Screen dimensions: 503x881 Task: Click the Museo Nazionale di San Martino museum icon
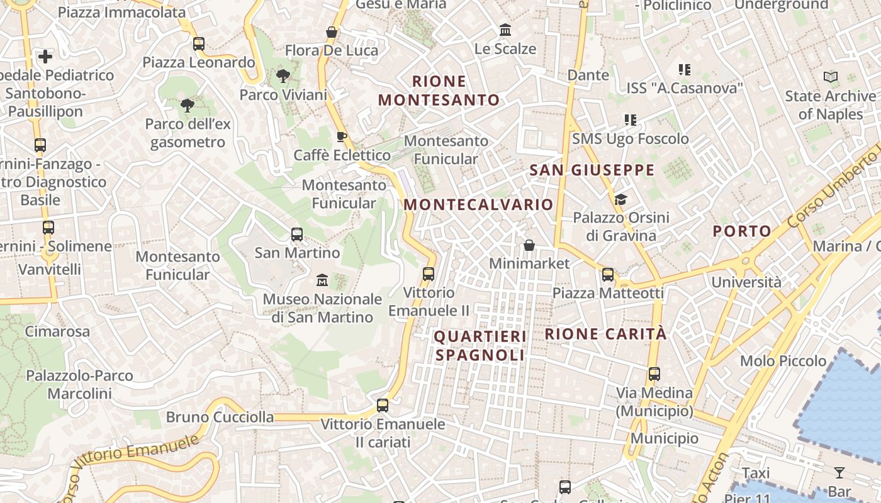tap(322, 279)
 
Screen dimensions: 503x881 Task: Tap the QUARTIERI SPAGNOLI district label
tap(480, 346)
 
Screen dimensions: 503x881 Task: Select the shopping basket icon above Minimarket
tap(529, 245)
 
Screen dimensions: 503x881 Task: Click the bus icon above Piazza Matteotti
tap(607, 274)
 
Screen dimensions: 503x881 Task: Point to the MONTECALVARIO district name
tap(478, 204)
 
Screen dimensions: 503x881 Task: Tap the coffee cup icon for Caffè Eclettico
tap(341, 136)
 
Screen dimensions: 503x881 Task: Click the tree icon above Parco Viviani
tap(283, 76)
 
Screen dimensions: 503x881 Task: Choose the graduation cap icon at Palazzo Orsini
tap(620, 199)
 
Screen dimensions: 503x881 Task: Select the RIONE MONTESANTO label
tap(439, 91)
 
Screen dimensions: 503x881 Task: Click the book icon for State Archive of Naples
tap(831, 77)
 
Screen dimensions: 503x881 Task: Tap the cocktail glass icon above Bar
tap(839, 473)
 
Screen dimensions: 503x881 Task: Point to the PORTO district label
tap(742, 231)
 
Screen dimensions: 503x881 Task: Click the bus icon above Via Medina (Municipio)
tap(654, 373)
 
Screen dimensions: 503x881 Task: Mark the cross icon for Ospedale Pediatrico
tap(45, 57)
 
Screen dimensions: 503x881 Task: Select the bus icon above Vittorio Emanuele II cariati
tap(383, 405)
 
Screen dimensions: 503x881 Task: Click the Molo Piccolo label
tap(783, 361)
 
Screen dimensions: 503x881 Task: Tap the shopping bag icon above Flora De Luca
tap(332, 31)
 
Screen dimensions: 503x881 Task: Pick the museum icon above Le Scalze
tap(505, 30)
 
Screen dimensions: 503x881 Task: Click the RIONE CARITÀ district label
tap(605, 334)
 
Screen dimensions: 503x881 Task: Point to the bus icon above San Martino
tap(297, 235)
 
